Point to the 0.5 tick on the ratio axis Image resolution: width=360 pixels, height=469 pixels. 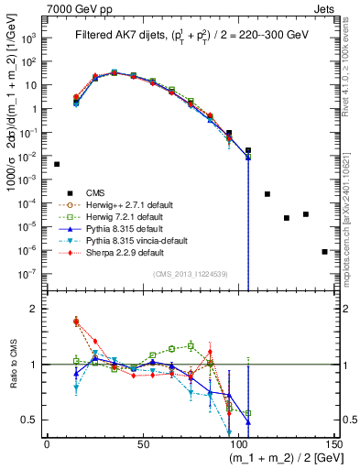32,420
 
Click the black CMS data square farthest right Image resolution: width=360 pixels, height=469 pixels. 324,251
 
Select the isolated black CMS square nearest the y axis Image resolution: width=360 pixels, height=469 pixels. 57,164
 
